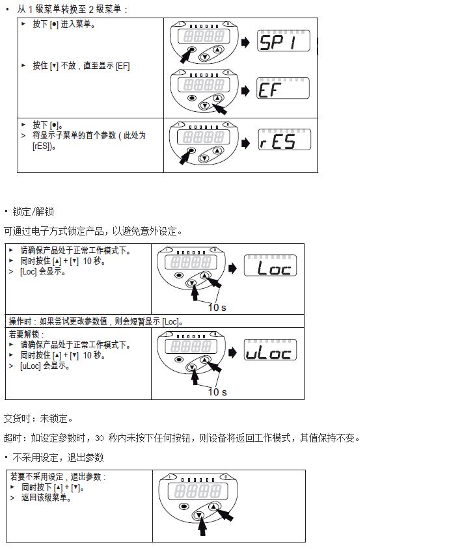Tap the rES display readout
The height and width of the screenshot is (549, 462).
[x=284, y=140]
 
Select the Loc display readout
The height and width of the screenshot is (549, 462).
[x=270, y=266]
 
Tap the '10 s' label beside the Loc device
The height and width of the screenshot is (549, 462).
[x=217, y=307]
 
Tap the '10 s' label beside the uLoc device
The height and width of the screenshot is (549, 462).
[x=217, y=392]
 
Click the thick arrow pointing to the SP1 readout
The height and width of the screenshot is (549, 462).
[x=245, y=42]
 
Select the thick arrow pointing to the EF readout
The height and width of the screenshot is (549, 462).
[x=245, y=90]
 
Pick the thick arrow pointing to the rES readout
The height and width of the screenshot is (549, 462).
[x=245, y=140]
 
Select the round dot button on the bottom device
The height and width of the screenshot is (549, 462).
[x=185, y=506]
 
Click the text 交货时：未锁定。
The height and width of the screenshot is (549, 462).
[x=39, y=418]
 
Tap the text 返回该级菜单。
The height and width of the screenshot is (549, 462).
[x=46, y=498]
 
